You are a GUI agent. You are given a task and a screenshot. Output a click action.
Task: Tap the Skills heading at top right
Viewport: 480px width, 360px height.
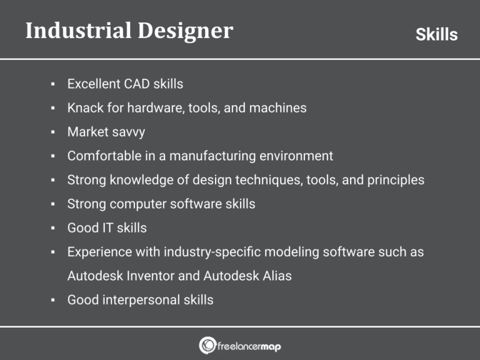[x=436, y=34]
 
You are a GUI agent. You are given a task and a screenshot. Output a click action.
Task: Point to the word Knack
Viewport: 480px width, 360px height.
[x=84, y=107]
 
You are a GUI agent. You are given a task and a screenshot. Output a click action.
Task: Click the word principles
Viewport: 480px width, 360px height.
[x=393, y=180]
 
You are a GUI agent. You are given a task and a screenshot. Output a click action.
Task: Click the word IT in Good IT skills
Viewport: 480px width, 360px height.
[x=108, y=228]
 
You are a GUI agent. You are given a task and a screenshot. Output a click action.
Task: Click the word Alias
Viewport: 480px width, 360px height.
[x=275, y=276]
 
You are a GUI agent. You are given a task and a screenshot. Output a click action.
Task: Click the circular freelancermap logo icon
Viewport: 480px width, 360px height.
[x=207, y=345]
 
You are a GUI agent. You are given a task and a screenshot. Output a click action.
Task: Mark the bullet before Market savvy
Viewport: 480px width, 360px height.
[x=54, y=132]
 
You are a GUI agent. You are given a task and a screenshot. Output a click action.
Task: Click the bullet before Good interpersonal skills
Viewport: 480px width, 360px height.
[x=54, y=300]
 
